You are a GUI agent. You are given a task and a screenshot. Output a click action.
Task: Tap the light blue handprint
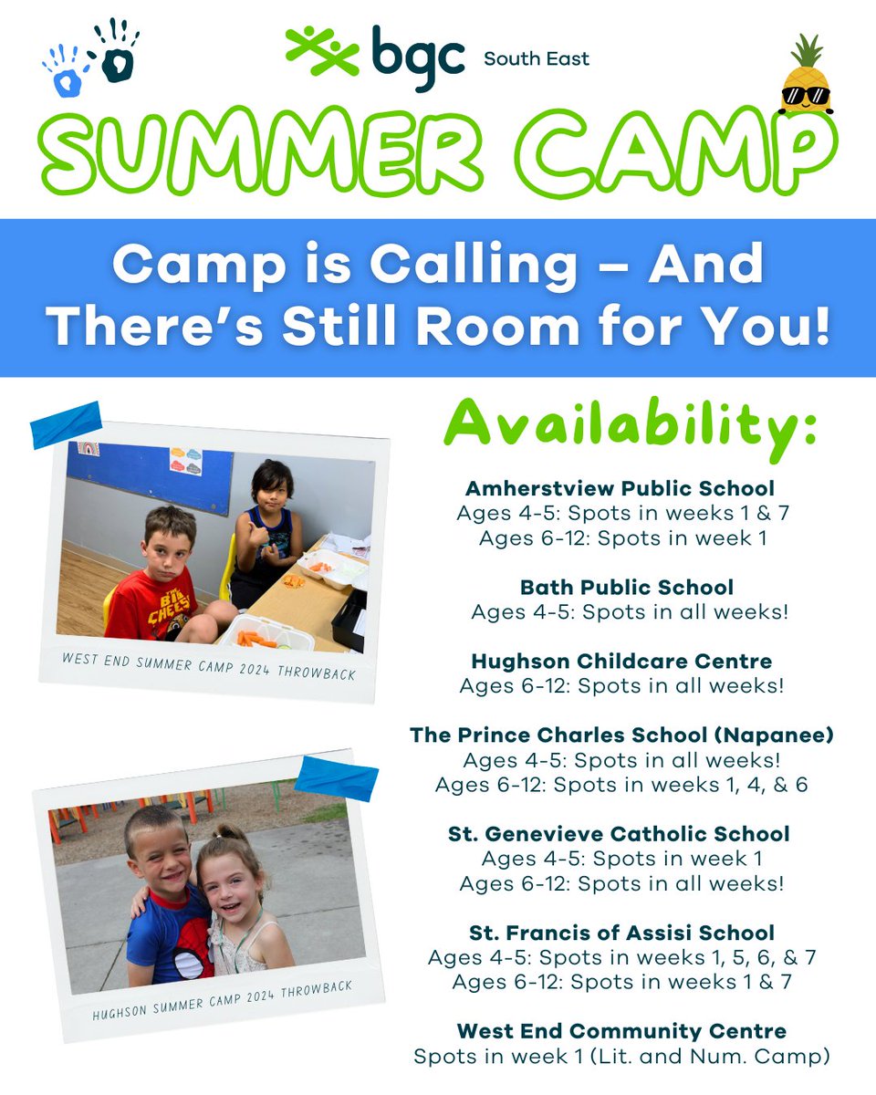pyautogui.click(x=64, y=72)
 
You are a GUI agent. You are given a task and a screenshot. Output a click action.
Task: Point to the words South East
pyautogui.click(x=537, y=59)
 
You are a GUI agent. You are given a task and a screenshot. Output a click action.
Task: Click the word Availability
pyautogui.click(x=630, y=426)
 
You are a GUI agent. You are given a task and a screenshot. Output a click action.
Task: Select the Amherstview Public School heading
pyautogui.click(x=620, y=487)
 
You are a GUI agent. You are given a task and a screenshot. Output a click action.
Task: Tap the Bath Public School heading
pyautogui.click(x=627, y=587)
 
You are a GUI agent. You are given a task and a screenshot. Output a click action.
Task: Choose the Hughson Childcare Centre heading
pyautogui.click(x=621, y=661)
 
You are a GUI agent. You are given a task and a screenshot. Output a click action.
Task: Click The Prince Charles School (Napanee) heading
pyautogui.click(x=621, y=735)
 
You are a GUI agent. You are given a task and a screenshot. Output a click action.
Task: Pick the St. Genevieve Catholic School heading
pyautogui.click(x=620, y=833)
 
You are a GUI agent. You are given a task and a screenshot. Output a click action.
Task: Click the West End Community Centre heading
pyautogui.click(x=621, y=1031)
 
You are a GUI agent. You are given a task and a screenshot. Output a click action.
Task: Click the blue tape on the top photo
pyautogui.click(x=66, y=424)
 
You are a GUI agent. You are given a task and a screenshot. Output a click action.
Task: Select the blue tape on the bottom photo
pyautogui.click(x=336, y=777)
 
